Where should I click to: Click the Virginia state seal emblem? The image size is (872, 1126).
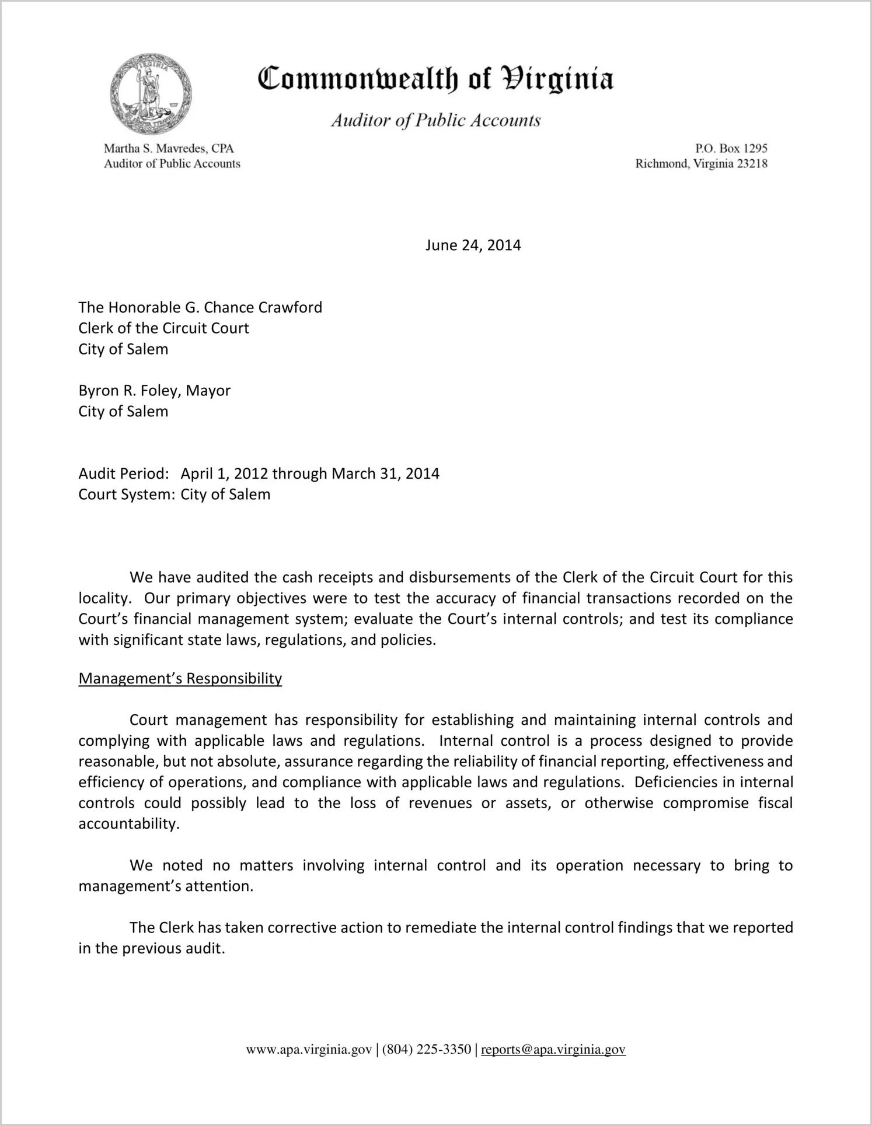(151, 94)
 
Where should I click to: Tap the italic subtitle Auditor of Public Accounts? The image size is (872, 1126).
(435, 121)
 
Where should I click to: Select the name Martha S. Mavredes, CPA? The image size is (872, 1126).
(169, 149)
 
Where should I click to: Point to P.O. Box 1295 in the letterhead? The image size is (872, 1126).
(731, 149)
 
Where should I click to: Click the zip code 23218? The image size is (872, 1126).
(752, 164)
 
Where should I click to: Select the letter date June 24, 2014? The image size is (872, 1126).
(473, 245)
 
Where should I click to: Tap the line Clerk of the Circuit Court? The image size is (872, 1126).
(163, 328)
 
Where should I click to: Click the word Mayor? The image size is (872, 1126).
(208, 391)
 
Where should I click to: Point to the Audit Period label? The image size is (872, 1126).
(124, 473)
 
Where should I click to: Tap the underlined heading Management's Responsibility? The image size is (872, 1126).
(180, 679)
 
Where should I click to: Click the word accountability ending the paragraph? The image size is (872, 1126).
(127, 824)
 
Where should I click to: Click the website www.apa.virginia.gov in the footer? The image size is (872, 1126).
(309, 1050)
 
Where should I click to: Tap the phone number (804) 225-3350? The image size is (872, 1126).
(427, 1050)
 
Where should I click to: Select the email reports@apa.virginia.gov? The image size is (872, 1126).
(553, 1050)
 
